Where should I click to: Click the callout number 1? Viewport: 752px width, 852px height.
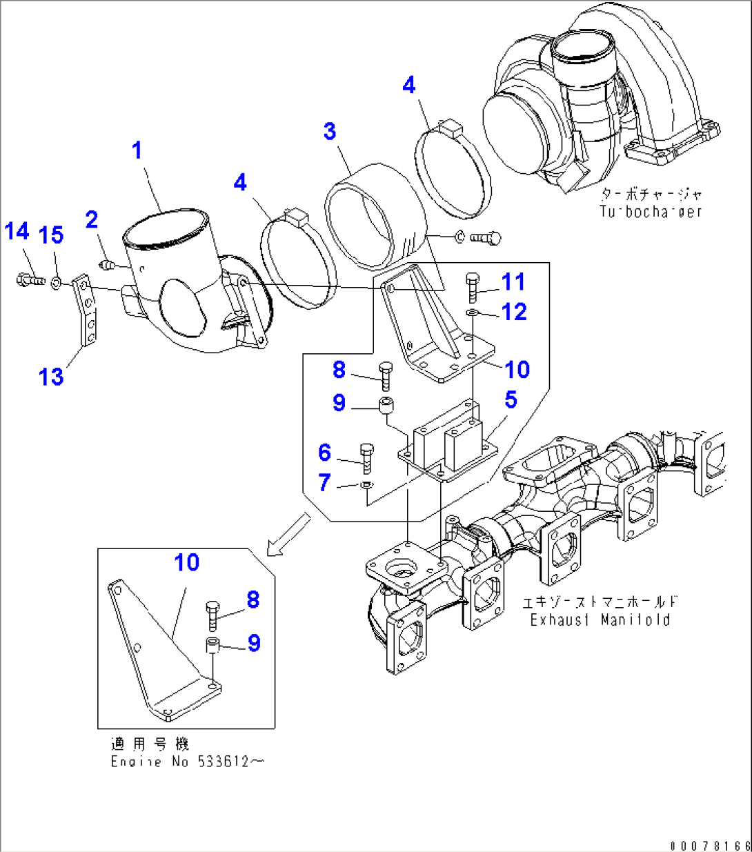[137, 150]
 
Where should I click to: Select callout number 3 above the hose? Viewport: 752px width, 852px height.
[330, 131]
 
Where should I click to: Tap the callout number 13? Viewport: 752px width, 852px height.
[51, 377]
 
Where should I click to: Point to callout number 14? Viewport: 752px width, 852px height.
[17, 232]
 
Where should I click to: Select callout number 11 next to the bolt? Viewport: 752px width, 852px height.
[513, 281]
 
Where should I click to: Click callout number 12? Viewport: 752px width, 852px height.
[515, 312]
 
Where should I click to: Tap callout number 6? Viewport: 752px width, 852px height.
[325, 453]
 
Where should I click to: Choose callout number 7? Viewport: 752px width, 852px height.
[325, 482]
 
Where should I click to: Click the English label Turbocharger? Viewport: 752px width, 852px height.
[650, 211]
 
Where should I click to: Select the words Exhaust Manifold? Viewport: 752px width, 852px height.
[600, 620]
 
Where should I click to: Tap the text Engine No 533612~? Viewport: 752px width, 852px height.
[187, 762]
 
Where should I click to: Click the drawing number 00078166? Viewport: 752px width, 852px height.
[709, 844]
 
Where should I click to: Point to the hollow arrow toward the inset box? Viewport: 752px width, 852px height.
[288, 533]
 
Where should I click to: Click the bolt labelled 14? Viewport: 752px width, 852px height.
[29, 280]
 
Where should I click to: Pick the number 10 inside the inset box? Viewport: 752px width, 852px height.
[186, 562]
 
